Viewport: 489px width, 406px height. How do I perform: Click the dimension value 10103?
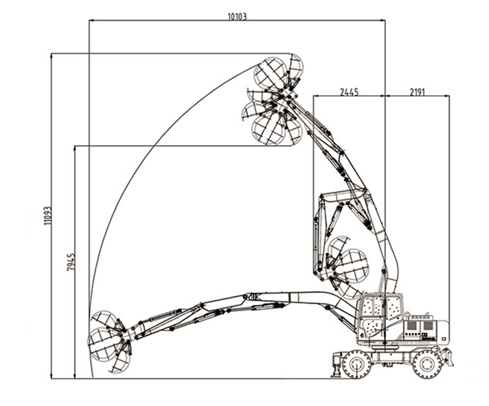click(237, 16)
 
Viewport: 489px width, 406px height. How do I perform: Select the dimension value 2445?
click(349, 92)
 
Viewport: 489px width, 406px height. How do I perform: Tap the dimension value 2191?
click(417, 92)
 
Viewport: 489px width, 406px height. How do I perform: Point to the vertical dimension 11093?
click(47, 216)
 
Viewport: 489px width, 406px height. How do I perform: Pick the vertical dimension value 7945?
click(70, 262)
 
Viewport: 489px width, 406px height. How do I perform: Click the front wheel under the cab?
click(357, 364)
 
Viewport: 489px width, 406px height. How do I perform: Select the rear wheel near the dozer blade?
click(426, 363)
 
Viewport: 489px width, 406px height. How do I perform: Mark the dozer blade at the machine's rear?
click(447, 356)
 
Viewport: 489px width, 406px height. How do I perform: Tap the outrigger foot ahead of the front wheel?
click(335, 367)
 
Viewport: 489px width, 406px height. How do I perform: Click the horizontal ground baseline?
click(211, 378)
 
